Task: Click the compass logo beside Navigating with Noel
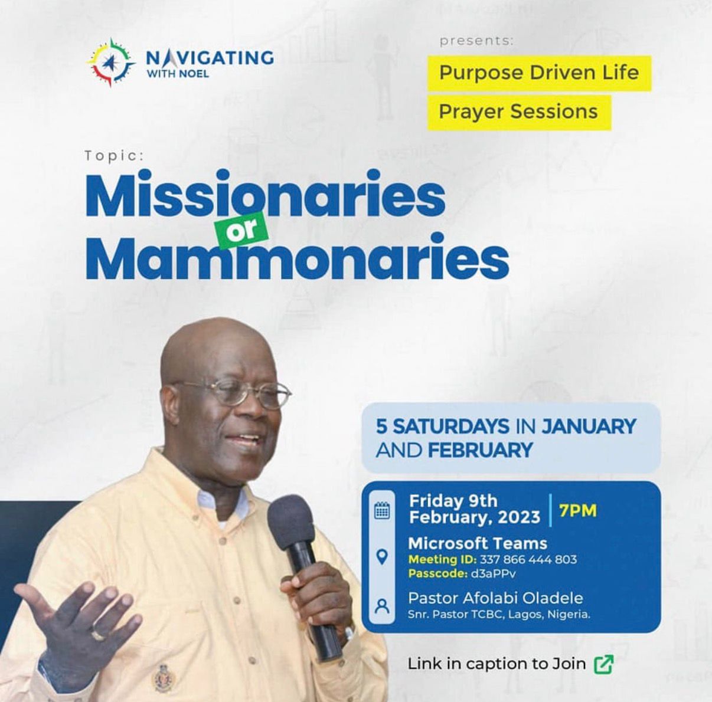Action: tap(111, 62)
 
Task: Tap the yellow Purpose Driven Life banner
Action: tap(538, 73)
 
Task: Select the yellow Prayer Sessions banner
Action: tap(518, 111)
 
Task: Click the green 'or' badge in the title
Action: tap(243, 228)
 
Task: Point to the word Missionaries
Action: tap(266, 194)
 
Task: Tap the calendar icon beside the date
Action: tap(382, 511)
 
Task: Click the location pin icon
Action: tap(382, 556)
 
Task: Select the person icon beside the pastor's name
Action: tap(382, 606)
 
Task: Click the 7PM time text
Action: tap(578, 510)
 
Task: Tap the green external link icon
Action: tap(603, 664)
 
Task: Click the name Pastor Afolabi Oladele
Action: tap(495, 598)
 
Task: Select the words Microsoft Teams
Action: tap(478, 543)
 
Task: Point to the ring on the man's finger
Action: tap(98, 634)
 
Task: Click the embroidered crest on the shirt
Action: tap(163, 678)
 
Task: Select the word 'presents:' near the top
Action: tap(476, 41)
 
